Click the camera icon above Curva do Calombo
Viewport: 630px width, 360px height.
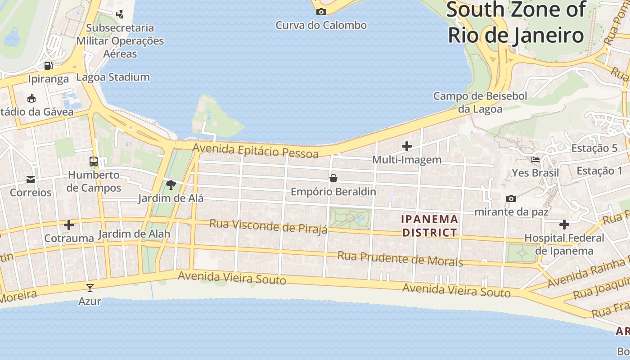[321, 12]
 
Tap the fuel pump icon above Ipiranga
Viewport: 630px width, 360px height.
[48, 66]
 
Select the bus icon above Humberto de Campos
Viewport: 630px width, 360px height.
[94, 161]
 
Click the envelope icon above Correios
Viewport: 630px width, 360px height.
[31, 180]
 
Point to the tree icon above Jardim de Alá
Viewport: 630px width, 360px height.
[171, 184]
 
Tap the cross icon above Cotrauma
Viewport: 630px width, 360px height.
[69, 225]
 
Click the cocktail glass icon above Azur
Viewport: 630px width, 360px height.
[90, 288]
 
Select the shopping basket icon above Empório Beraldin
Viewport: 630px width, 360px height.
[333, 178]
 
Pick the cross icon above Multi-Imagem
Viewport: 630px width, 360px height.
[407, 146]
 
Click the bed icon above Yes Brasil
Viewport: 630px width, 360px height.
[535, 159]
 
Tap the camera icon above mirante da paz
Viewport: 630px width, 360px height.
[511, 198]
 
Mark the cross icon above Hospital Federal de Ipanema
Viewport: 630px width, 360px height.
[564, 225]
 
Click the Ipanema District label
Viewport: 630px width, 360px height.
[430, 226]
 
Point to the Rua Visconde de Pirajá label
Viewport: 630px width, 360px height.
[269, 226]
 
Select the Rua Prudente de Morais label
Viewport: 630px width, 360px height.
[400, 258]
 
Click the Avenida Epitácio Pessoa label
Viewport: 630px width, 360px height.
[256, 150]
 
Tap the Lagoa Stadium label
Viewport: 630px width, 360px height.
[113, 77]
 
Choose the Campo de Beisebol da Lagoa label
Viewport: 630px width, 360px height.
[480, 102]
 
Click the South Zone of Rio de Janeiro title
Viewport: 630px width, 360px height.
[516, 22]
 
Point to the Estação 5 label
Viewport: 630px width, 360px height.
[594, 148]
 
